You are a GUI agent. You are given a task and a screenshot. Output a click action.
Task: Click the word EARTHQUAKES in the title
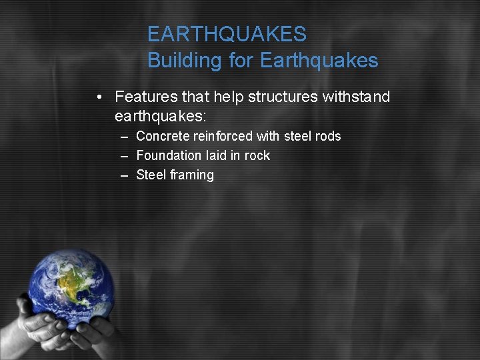pos(227,34)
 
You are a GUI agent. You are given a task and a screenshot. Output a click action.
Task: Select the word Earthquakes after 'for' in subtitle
pos(319,61)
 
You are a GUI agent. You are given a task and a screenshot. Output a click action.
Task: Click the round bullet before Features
pos(98,97)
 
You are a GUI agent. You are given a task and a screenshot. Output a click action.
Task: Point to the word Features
pos(143,97)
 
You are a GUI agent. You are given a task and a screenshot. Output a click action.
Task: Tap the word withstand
pos(356,97)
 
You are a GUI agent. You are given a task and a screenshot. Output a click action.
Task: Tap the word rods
pos(328,136)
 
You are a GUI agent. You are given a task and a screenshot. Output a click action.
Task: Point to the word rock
pos(257,155)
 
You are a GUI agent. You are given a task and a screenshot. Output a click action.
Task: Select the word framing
pos(192,175)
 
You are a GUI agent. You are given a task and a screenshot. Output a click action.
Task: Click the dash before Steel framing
pos(124,175)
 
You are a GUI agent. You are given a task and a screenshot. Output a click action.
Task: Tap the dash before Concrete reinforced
pos(124,136)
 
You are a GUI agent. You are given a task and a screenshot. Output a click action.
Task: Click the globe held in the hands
pos(71,287)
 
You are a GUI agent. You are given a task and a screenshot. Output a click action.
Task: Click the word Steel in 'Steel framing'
pos(151,175)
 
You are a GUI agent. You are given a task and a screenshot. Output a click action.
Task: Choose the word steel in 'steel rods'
pos(297,136)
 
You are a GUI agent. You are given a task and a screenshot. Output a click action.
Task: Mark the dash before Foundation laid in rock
pos(124,155)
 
